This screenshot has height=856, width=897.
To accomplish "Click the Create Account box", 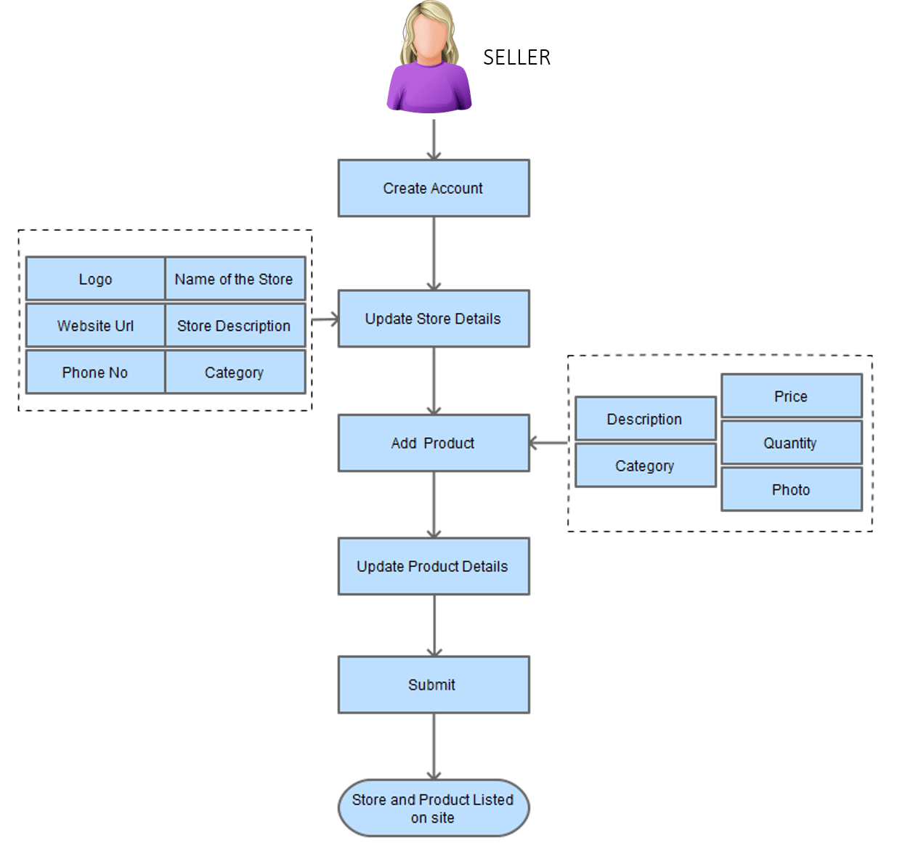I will coord(434,189).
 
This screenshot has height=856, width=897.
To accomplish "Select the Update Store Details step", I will coord(434,319).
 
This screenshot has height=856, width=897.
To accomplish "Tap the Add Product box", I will coord(434,443).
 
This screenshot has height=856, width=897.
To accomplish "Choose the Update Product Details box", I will coord(434,566).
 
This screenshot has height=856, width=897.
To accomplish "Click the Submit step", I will coord(434,685).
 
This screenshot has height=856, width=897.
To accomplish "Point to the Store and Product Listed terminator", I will coord(434,808).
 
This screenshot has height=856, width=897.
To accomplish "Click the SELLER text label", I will coord(516,57).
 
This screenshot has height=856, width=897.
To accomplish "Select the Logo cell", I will coord(95,279).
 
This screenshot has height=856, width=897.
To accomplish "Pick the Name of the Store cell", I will coord(235,279).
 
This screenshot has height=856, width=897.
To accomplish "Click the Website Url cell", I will coord(95,326).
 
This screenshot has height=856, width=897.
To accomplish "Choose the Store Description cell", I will coord(235,326).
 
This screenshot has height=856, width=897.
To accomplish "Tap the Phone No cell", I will coord(95,372).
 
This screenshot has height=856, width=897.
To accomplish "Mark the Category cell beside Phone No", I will coord(235,372).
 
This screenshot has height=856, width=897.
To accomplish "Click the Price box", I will coord(791,396).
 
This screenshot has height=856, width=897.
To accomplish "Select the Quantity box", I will coord(791,443).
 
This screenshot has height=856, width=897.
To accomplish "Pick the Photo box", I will coord(791,489).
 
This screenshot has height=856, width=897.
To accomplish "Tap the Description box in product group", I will coord(645,419).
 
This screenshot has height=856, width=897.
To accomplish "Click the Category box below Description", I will coord(645,466).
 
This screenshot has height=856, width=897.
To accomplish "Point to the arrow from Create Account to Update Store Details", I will coord(434,253).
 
